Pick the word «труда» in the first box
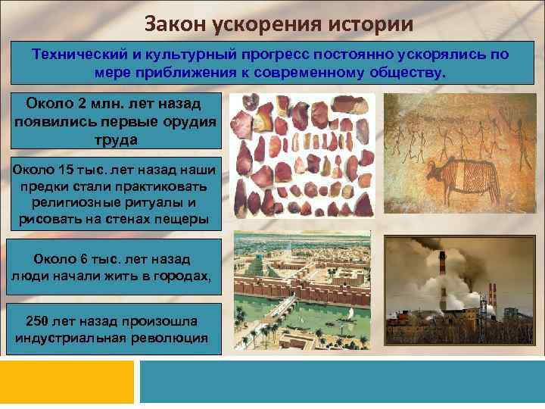pos(115,139)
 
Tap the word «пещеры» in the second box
pos(180,220)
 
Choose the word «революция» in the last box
pos(170,338)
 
